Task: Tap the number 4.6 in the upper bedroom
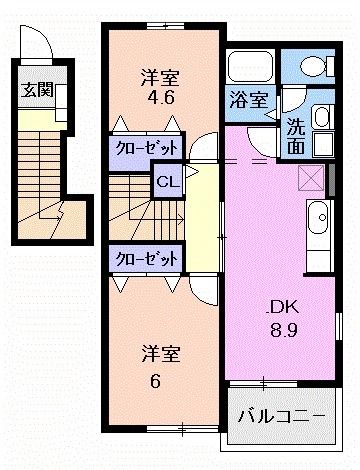[x=160, y=99]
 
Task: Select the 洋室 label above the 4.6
[x=160, y=77]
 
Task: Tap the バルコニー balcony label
[x=281, y=414]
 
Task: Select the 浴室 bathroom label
[x=249, y=99]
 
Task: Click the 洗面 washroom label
[x=297, y=136]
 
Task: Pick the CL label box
[x=167, y=182]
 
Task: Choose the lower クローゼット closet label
[x=145, y=258]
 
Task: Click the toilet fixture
[x=313, y=66]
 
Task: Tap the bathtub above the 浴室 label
[x=251, y=68]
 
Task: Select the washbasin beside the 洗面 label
[x=325, y=116]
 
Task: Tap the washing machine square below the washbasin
[x=323, y=142]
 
